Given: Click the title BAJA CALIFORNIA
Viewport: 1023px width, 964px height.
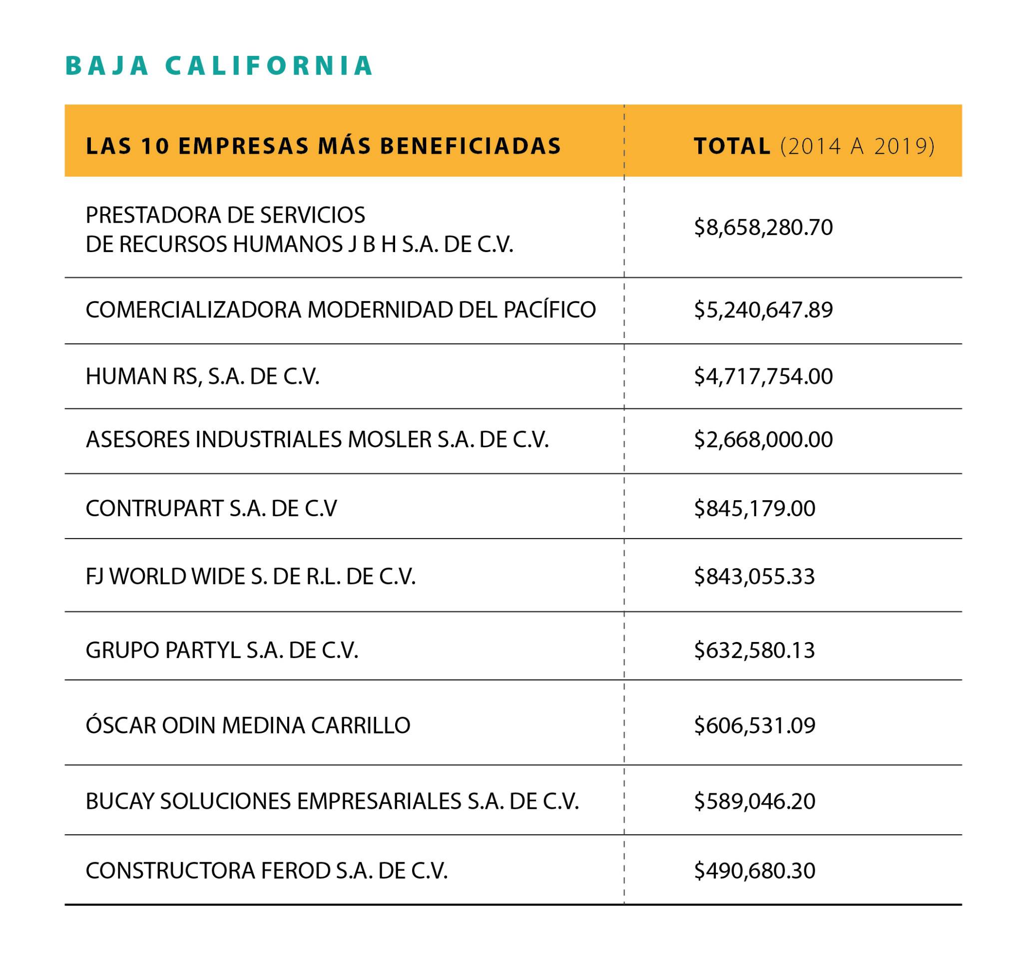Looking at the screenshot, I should tap(219, 66).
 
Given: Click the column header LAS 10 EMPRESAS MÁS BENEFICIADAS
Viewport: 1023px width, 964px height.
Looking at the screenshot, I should tap(323, 147).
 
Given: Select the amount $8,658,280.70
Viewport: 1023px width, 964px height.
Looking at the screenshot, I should tap(763, 227).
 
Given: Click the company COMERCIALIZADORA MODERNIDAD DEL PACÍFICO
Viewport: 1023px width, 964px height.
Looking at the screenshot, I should tap(341, 310).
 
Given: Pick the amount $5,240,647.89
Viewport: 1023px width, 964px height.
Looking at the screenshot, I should tap(763, 310).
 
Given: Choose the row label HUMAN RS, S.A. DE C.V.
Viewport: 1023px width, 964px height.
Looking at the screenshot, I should tap(202, 376).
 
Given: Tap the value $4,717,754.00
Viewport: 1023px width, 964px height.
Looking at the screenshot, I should tap(763, 376).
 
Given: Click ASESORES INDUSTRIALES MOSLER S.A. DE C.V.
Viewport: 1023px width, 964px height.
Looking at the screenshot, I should tap(317, 440).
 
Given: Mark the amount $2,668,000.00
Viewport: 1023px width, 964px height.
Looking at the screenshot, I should tap(763, 440).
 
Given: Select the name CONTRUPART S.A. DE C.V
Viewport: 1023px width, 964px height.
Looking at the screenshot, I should tap(211, 509).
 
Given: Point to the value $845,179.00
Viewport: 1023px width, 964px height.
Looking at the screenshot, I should tap(754, 509).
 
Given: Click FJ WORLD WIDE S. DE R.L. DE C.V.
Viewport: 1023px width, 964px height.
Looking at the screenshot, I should tap(250, 577).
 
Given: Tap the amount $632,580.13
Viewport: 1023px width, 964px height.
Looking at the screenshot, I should tap(754, 650).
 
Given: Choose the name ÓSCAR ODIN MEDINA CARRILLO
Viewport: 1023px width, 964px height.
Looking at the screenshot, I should tap(248, 726).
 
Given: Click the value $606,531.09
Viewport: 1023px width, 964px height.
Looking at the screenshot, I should tap(754, 726).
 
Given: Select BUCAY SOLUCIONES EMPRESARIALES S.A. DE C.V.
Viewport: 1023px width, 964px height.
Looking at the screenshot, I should tap(332, 801).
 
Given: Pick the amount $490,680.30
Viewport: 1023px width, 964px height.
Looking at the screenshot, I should tap(754, 871).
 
